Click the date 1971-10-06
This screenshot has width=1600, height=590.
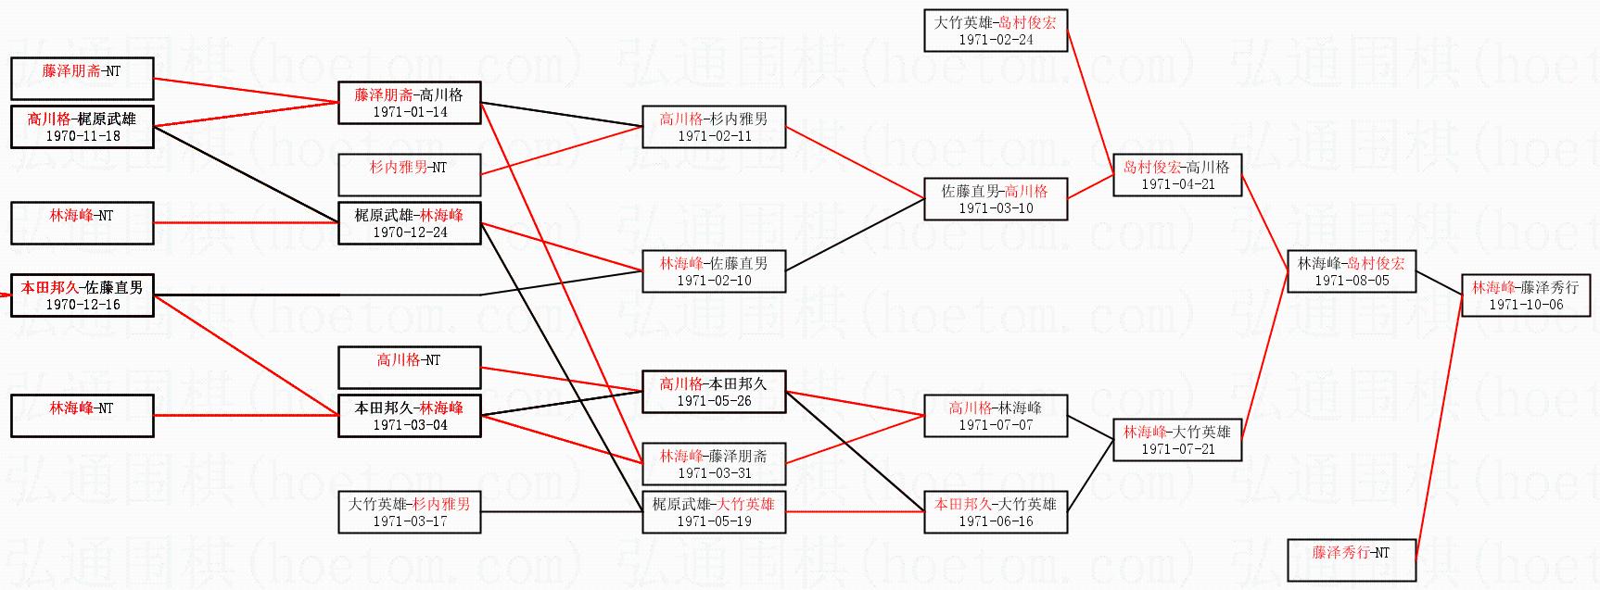[1526, 305]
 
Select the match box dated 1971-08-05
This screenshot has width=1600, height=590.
[1352, 271]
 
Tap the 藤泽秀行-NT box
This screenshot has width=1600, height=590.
[1352, 560]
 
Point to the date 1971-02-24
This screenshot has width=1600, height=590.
[996, 40]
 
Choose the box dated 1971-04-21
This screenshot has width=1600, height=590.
[1177, 175]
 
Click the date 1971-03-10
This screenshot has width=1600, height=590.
[996, 208]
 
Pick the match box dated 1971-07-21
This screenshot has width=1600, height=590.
[1177, 440]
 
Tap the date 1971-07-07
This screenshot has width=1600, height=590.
[996, 425]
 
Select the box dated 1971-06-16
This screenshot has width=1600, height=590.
[996, 512]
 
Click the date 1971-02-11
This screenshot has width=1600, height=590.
[714, 136]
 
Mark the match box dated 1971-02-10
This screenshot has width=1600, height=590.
[714, 271]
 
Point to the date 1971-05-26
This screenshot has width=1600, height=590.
[714, 401]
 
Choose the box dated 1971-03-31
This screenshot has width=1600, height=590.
[714, 464]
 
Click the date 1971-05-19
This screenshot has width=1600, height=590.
[714, 521]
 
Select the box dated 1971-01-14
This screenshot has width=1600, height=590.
[410, 103]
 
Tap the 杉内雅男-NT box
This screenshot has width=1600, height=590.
[410, 175]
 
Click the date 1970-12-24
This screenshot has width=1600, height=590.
[410, 232]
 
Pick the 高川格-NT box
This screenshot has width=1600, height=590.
[410, 368]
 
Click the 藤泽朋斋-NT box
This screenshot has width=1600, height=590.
[82, 79]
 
